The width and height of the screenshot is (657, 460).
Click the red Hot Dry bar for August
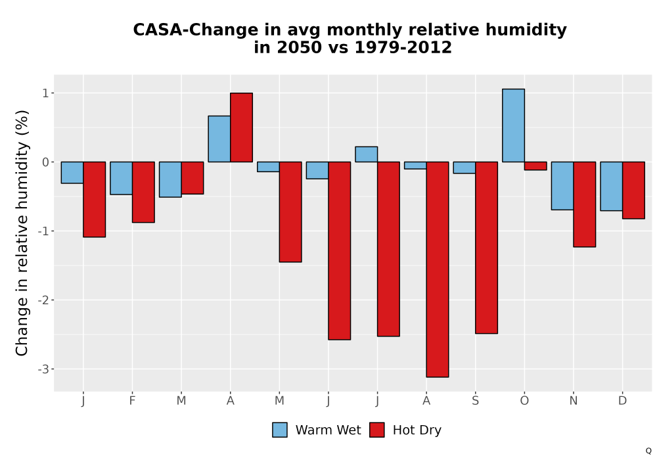pyautogui.click(x=438, y=269)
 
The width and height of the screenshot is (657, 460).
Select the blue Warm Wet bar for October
pyautogui.click(x=513, y=126)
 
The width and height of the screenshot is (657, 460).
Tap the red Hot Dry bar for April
pyautogui.click(x=241, y=127)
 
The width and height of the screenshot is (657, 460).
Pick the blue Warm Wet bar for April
pyautogui.click(x=219, y=139)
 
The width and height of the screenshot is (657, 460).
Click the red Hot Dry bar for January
pyautogui.click(x=94, y=199)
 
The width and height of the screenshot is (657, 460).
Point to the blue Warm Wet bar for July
pyautogui.click(x=366, y=154)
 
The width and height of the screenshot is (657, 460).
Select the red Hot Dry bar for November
pyautogui.click(x=585, y=204)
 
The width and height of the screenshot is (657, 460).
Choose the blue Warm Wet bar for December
pyautogui.click(x=611, y=186)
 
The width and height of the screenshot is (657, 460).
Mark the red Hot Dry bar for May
pyautogui.click(x=290, y=212)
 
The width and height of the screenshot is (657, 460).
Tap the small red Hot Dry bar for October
pyautogui.click(x=535, y=166)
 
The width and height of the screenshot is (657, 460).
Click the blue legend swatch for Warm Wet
pyautogui.click(x=280, y=430)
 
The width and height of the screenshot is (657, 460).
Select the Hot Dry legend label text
pyautogui.click(x=417, y=430)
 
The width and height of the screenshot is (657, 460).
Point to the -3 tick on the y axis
pyautogui.click(x=43, y=369)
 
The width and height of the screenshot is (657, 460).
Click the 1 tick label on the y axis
pyautogui.click(x=46, y=93)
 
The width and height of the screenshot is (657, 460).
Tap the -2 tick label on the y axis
pyautogui.click(x=43, y=300)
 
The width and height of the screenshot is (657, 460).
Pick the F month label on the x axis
pyautogui.click(x=133, y=401)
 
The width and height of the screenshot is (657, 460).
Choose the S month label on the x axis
pyautogui.click(x=475, y=401)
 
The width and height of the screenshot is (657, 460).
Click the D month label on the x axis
pyautogui.click(x=623, y=401)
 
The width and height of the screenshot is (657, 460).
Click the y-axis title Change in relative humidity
pyautogui.click(x=22, y=233)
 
